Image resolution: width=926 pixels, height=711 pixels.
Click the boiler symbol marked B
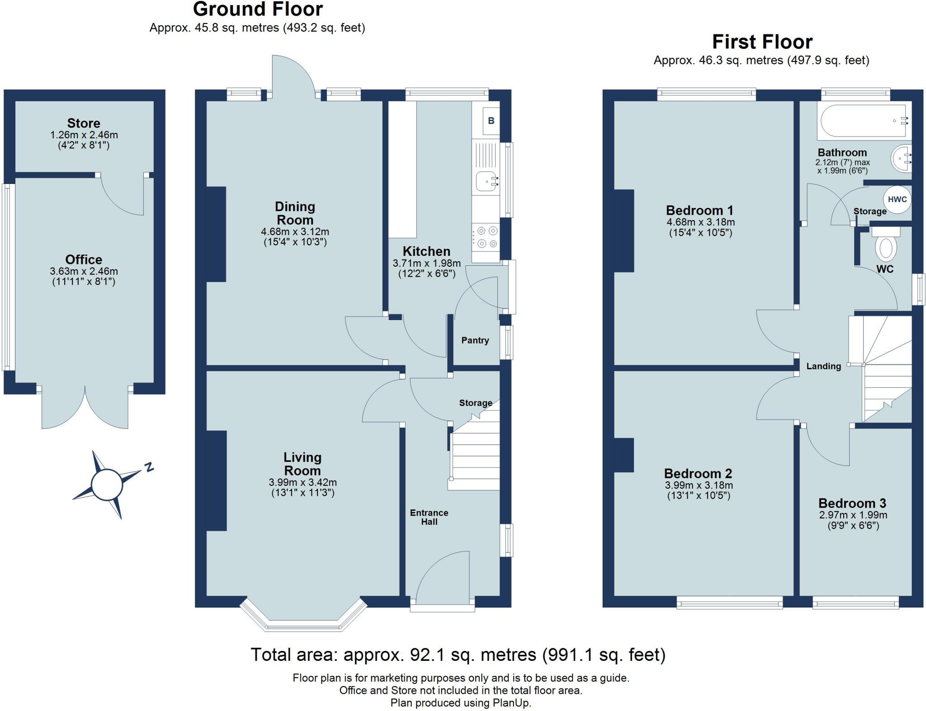(491, 121)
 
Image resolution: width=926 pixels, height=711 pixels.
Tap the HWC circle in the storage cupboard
(897, 199)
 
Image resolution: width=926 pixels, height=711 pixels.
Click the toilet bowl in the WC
(886, 248)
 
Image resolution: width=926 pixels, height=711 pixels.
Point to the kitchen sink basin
(486, 183)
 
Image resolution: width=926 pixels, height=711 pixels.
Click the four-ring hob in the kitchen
(486, 237)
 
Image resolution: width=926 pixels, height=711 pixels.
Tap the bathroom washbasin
(902, 159)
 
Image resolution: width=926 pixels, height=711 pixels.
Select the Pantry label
(475, 340)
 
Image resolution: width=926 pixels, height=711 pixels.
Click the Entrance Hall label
(429, 517)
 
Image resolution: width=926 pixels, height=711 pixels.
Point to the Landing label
(824, 366)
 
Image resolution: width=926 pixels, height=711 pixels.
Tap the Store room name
(84, 123)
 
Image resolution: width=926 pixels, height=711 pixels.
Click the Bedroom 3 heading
(852, 503)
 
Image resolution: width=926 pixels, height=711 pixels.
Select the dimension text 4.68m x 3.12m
(295, 232)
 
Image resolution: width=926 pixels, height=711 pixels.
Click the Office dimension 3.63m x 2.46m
(84, 272)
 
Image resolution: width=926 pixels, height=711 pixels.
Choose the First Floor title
(762, 42)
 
